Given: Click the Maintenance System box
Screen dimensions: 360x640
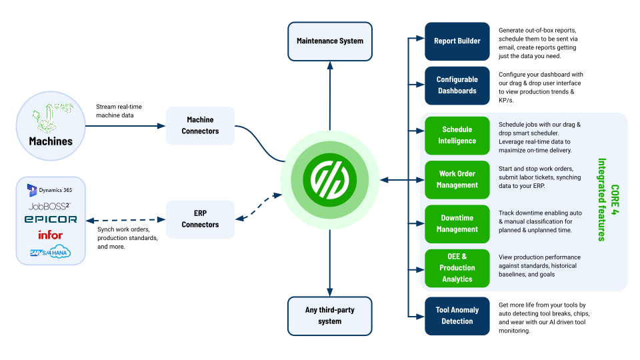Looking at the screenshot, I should point(330,41).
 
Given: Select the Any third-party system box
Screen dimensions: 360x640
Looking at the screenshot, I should point(330,316).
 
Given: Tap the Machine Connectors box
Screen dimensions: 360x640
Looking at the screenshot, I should point(200,126).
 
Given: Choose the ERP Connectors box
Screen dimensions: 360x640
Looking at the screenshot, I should point(200,219).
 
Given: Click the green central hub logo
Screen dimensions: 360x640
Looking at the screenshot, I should point(331,179).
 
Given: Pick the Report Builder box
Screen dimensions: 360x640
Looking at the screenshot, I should point(457,41).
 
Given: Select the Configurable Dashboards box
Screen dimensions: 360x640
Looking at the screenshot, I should point(457,85).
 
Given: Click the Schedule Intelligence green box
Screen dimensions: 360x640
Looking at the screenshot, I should point(457,135).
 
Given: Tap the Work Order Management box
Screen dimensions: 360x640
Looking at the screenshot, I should point(457,179).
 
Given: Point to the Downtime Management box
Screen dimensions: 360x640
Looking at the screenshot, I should point(457,223).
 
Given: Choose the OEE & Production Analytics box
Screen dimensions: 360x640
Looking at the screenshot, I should point(457,268).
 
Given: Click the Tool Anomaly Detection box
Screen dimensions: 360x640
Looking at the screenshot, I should point(457,316).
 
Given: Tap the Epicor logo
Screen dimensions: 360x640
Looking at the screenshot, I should point(51,219).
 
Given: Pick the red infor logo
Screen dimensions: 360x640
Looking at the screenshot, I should point(50,235).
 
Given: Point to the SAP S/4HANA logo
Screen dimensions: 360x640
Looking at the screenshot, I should point(50,252).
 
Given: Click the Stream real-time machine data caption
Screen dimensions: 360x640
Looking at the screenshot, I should point(119,112).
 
